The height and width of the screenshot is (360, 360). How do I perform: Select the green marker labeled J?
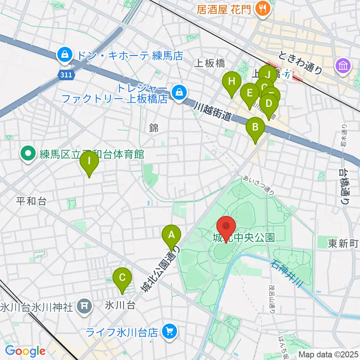(x=268, y=73)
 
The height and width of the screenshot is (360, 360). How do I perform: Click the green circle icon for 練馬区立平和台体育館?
(x=28, y=154)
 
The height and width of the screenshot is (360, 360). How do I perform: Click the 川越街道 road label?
(x=212, y=112)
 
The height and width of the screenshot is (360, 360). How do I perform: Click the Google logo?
(x=25, y=351)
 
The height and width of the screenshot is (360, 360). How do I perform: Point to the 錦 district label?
(x=154, y=128)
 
